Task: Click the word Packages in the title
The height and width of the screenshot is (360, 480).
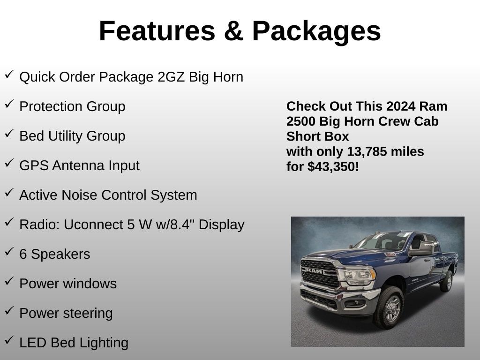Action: click(x=316, y=31)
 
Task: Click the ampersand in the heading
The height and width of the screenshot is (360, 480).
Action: click(x=233, y=31)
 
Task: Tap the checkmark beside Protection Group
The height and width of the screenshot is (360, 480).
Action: click(x=9, y=105)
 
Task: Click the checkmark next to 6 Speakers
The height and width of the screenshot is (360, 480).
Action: click(x=9, y=252)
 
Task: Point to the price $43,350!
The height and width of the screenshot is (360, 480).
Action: click(x=333, y=166)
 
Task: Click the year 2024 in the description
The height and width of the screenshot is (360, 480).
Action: click(x=400, y=106)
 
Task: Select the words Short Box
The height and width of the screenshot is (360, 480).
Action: click(x=318, y=136)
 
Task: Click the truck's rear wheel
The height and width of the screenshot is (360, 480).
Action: click(x=446, y=281)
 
